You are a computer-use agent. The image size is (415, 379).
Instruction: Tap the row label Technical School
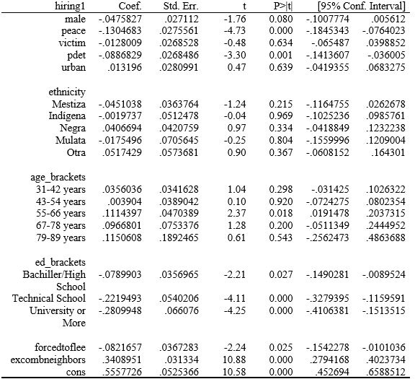48,298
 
